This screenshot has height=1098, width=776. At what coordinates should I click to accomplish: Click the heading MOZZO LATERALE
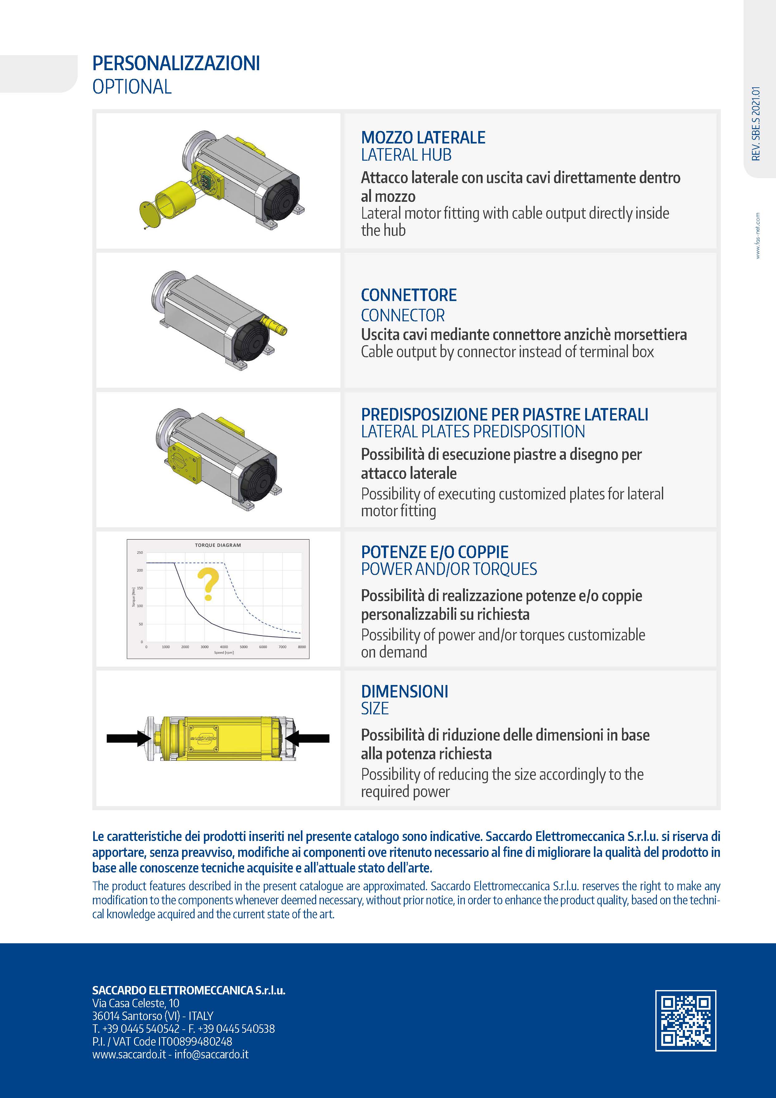pos(423,138)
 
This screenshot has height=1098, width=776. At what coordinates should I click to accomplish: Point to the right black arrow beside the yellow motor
pos(309,738)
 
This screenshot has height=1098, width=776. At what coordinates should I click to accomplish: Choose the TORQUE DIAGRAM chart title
pos(218,545)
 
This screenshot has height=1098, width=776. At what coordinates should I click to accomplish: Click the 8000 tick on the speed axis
pos(301,647)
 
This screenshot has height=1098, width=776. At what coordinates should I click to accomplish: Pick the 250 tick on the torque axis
pos(140,553)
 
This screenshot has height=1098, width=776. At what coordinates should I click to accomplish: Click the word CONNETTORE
pos(408,295)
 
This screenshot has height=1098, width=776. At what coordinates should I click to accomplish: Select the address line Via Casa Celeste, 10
pos(136,1003)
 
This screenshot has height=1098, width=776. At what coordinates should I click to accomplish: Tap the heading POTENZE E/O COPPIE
pos(434,552)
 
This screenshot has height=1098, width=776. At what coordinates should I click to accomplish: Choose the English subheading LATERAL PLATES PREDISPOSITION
pos(473,431)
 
